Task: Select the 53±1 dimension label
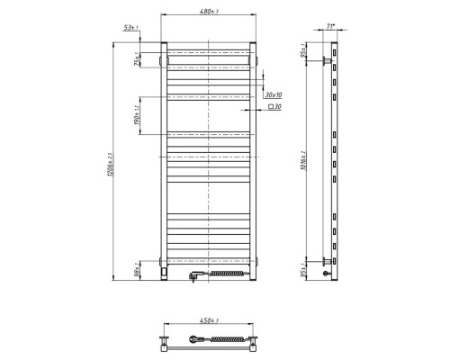click(x=134, y=30)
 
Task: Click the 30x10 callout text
click(x=274, y=94)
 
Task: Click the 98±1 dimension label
click(x=137, y=266)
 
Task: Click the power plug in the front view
click(x=193, y=276)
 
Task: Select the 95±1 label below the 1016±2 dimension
click(x=307, y=267)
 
